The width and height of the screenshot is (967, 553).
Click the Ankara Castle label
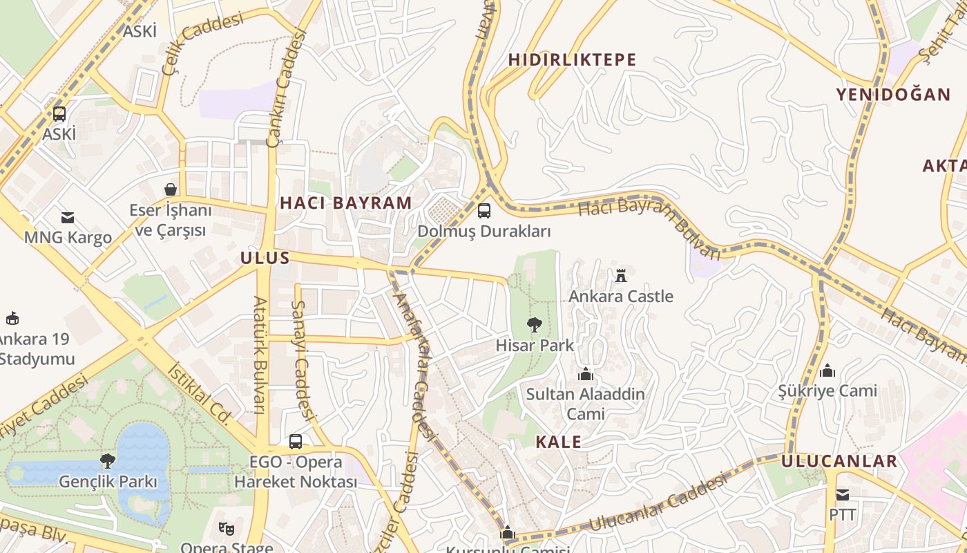point(620,297)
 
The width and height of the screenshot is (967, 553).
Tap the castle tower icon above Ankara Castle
point(621,275)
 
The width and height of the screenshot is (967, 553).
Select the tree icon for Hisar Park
point(534,324)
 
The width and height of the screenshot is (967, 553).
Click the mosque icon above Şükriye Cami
point(827,371)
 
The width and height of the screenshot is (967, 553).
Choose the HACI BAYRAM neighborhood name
point(345,203)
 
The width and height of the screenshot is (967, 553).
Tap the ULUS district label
point(265,258)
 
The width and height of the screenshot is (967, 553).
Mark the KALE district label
point(559,442)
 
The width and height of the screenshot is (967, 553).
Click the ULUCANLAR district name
point(840,461)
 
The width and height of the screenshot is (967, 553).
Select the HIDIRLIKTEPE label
point(572,60)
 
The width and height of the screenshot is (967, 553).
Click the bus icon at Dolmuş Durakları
point(484,211)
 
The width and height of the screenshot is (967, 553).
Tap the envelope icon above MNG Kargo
point(68,218)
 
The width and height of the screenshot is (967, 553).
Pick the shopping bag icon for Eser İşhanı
point(170,189)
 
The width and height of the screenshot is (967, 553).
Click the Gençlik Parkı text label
point(108,482)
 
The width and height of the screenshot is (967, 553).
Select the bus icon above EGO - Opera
point(296,441)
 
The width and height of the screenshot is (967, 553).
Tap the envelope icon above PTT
point(843,495)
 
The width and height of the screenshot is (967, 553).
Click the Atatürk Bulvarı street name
point(260,355)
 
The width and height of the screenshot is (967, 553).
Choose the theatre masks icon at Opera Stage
point(224,528)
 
